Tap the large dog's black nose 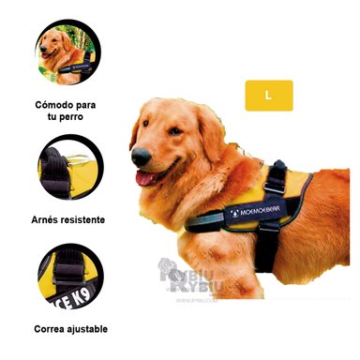pyautogui.click(x=138, y=157)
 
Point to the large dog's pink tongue pyautogui.click(x=144, y=178)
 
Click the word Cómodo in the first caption pyautogui.click(x=55, y=104)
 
